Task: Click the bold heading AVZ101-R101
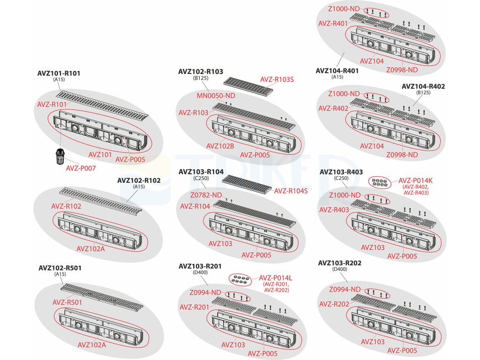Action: pos(59,73)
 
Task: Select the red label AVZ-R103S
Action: pos(277,80)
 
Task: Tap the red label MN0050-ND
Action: pos(216,96)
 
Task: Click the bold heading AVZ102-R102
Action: pos(139,180)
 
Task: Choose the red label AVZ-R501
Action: pos(67,302)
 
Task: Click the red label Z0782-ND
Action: pos(206,195)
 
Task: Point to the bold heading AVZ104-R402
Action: pos(423,86)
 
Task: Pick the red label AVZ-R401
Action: pos(333,23)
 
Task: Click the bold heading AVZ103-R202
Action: pos(340,263)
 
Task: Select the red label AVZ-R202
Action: pos(334,304)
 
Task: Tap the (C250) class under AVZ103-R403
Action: pos(341,179)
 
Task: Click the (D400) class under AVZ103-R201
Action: pos(200,272)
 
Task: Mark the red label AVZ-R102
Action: pos(66,206)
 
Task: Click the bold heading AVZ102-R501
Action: pos(60,268)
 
